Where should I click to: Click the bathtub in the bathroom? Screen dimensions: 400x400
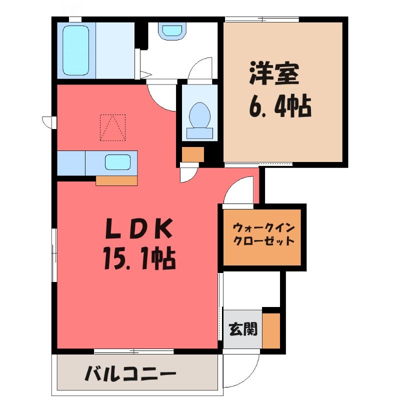(76, 50)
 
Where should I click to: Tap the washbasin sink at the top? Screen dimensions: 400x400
(172, 31)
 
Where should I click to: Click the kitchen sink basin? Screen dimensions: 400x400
(118, 162)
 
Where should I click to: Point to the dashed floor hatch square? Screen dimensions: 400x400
(113, 128)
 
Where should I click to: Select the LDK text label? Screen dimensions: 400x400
(138, 228)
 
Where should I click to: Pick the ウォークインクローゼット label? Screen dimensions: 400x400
(264, 234)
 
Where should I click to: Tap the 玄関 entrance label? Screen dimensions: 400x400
(243, 329)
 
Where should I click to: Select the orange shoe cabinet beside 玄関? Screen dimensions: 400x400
(271, 330)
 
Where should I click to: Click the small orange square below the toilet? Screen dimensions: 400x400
(193, 154)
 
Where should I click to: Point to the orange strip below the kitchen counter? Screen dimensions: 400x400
(116, 180)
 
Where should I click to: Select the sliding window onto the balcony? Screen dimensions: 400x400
(133, 351)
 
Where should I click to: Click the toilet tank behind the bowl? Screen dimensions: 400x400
(199, 133)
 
